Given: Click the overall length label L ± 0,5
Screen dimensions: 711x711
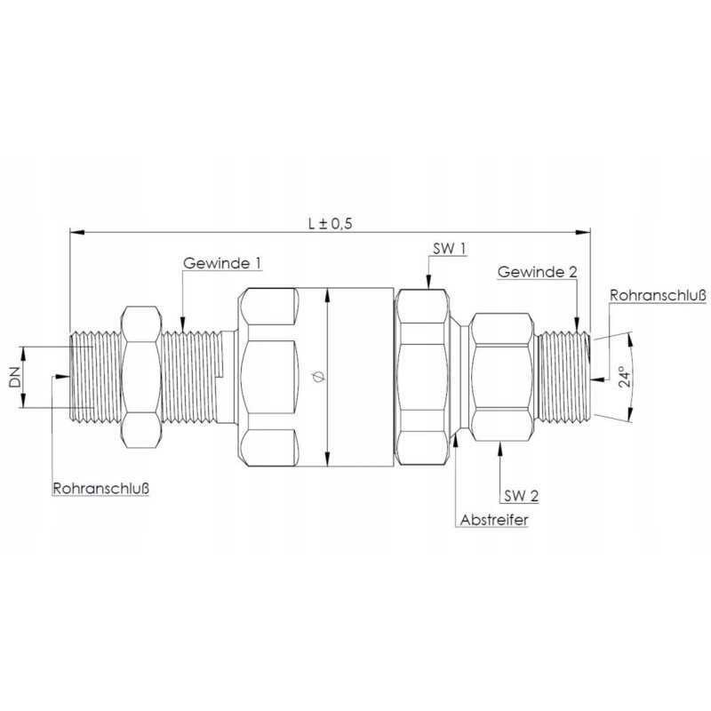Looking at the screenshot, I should [329, 224].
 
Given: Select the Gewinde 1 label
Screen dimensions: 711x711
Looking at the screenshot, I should [222, 264].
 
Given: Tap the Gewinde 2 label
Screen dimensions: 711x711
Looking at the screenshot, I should [536, 270].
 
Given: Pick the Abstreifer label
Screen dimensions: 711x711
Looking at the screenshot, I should [493, 520].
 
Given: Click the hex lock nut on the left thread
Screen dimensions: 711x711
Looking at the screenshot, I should [140, 377].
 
